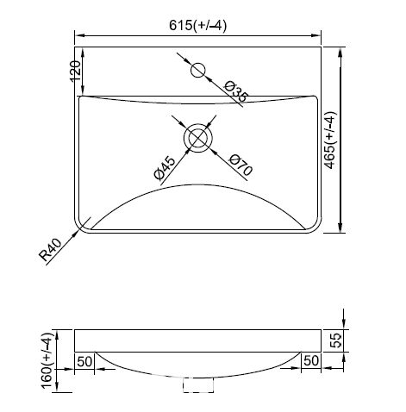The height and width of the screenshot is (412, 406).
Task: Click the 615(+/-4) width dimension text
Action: coord(197,25)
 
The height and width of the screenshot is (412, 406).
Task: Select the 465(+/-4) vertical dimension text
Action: coord(330,140)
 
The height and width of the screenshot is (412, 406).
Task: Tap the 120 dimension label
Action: coord(76,72)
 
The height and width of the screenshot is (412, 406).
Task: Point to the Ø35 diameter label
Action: coord(235,91)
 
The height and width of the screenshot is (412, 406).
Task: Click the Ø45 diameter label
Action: coord(165,168)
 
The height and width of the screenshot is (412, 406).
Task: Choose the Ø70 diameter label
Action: coord(240,165)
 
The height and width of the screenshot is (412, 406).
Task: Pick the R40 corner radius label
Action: coord(51,250)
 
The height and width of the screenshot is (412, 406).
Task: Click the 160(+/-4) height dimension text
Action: coord(47,361)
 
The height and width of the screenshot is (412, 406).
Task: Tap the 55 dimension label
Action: coord(335,340)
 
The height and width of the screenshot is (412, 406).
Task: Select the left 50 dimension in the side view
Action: coord(84,361)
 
